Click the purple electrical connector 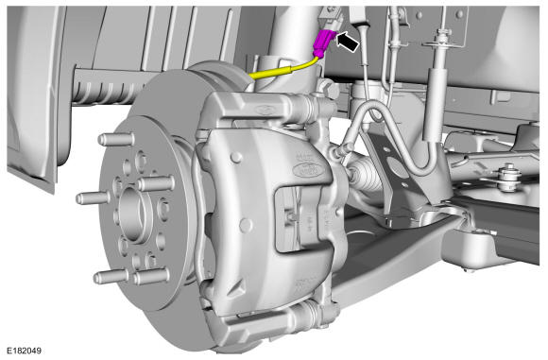tap(324, 43)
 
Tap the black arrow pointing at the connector tap(348, 42)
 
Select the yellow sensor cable tap(283, 70)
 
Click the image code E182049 tap(25, 351)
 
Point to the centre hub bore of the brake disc tap(133, 214)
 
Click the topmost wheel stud tap(116, 139)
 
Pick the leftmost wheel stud tap(93, 198)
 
